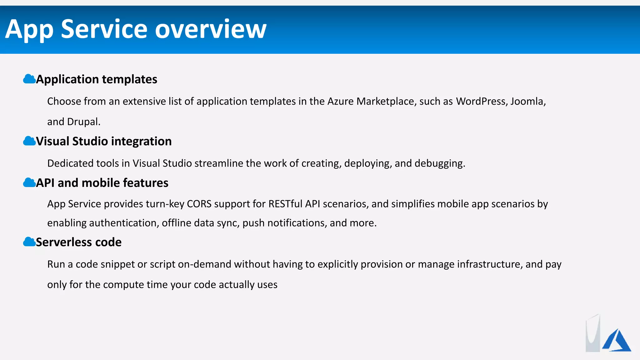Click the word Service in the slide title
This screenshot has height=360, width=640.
tap(104, 29)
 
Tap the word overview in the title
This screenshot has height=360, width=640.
tap(211, 29)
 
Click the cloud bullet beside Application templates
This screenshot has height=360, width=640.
tap(29, 79)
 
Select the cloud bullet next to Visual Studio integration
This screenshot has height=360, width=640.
tap(29, 141)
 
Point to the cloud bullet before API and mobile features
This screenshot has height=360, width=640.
tap(29, 182)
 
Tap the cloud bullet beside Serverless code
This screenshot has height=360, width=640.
tap(29, 242)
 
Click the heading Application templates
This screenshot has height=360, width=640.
tap(97, 79)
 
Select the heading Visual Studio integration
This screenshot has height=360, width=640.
tap(104, 141)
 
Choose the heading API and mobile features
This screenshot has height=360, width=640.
tap(102, 183)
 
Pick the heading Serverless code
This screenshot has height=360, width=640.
tap(79, 242)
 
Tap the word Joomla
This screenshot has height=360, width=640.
tap(528, 101)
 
